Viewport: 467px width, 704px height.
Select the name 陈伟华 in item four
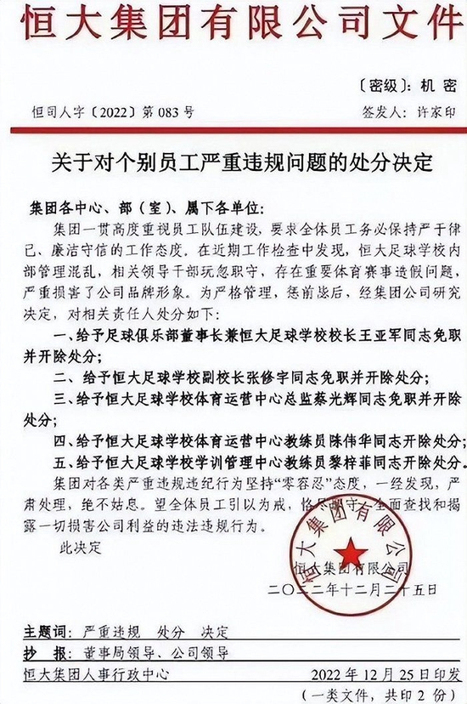point(328,443)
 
